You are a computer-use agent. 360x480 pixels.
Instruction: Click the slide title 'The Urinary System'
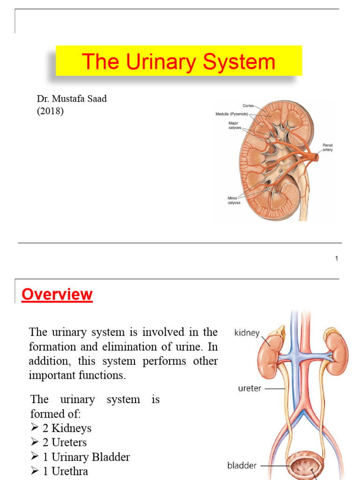pyautogui.click(x=179, y=62)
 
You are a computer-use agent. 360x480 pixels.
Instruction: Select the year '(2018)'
pyautogui.click(x=50, y=112)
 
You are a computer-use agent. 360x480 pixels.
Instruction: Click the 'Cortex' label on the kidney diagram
pyautogui.click(x=248, y=106)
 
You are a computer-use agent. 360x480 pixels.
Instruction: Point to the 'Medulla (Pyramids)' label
pyautogui.click(x=232, y=114)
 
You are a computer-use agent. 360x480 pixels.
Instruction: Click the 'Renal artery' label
pyautogui.click(x=327, y=147)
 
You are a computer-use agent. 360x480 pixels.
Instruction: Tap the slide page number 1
pyautogui.click(x=337, y=258)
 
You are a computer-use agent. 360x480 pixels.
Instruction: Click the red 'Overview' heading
pyautogui.click(x=57, y=295)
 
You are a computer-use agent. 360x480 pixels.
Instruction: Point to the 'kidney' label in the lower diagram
pyautogui.click(x=247, y=333)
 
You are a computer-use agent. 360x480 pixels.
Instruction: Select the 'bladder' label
pyautogui.click(x=242, y=465)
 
